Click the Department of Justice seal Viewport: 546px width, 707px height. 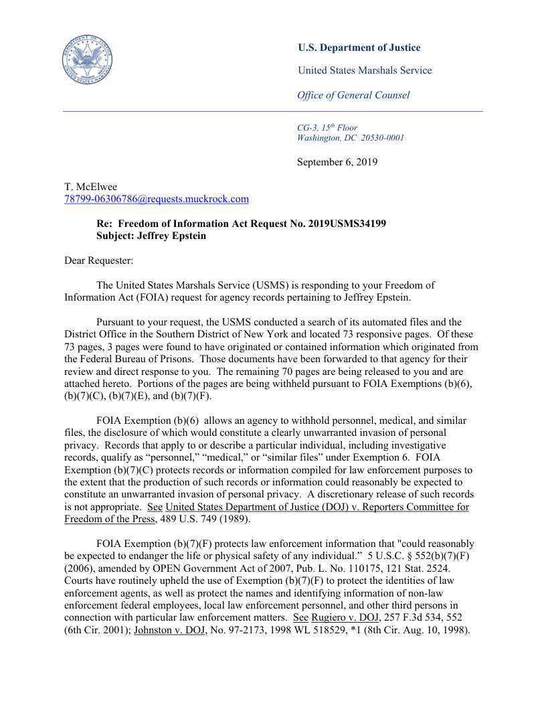pos(87,59)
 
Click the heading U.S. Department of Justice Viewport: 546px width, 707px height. pos(359,48)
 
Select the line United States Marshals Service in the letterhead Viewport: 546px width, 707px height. pos(365,70)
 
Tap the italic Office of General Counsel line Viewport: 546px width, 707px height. pos(353,95)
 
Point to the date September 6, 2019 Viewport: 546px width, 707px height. pos(337,162)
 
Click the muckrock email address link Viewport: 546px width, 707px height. pos(157,199)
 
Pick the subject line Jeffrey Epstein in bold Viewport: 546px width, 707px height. pos(175,236)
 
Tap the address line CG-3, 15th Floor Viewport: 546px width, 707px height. pos(327,127)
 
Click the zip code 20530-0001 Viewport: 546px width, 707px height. pos(383,138)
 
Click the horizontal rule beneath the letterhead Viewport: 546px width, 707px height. pos(273,111)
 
